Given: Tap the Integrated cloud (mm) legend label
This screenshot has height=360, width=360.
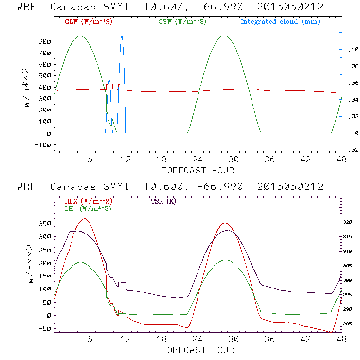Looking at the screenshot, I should pyautogui.click(x=280, y=22).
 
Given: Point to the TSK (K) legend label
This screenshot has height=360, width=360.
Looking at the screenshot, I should pyautogui.click(x=164, y=201).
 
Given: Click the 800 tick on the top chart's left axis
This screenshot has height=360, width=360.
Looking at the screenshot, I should pyautogui.click(x=44, y=41).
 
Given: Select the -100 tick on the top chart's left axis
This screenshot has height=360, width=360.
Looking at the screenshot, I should pyautogui.click(x=43, y=144).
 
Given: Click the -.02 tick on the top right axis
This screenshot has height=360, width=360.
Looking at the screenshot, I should pyautogui.click(x=350, y=150).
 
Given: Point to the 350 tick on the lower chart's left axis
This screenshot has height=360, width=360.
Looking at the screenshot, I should pyautogui.click(x=44, y=224).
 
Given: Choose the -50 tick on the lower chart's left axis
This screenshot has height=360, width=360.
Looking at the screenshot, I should pyautogui.click(x=44, y=328).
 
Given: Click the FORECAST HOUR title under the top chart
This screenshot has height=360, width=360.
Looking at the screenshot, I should pyautogui.click(x=198, y=170).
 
